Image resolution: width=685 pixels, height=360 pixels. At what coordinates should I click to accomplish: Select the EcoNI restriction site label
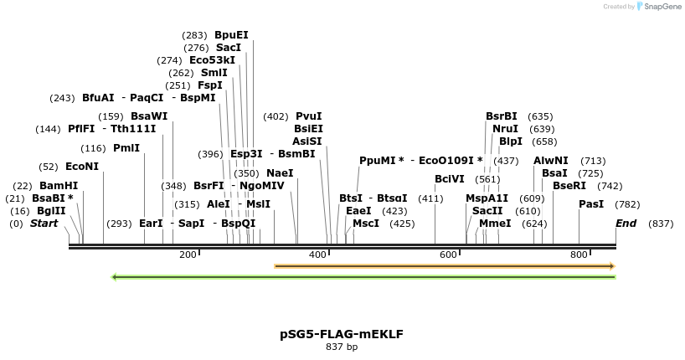[82, 167]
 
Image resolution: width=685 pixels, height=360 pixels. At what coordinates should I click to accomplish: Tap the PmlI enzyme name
[126, 148]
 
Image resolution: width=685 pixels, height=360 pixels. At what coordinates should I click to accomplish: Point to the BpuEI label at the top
[231, 35]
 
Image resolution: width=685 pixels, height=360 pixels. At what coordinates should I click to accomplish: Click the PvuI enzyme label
[309, 116]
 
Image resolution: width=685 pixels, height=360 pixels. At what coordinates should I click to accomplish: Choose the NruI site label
[505, 129]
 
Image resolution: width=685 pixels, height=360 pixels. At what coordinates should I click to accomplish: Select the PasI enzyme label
[591, 204]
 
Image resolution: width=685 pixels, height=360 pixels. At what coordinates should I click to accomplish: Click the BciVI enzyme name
[450, 178]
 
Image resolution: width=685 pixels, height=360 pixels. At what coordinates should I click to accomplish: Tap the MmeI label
[495, 224]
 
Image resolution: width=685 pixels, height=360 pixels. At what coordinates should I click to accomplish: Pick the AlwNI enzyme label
[551, 160]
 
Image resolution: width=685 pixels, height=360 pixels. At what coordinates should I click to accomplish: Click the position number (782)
[627, 204]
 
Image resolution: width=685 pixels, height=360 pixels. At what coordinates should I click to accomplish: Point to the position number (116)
[94, 148]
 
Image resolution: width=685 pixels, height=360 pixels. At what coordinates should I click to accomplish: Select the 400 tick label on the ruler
[317, 255]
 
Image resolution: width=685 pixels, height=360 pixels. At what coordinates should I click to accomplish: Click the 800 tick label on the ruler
[579, 255]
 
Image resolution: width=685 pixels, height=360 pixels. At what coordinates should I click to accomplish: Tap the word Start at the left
[45, 224]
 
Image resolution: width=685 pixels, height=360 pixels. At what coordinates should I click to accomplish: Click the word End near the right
[626, 224]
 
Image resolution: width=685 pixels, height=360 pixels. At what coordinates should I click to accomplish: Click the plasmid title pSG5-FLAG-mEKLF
[341, 333]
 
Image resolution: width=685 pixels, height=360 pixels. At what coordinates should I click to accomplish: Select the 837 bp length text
[342, 347]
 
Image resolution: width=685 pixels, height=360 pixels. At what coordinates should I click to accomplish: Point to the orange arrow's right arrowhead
[612, 266]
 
